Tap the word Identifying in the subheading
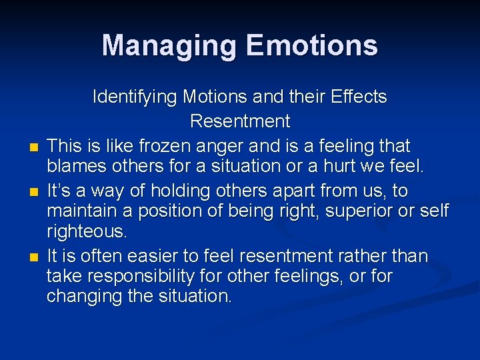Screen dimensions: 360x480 (136, 97)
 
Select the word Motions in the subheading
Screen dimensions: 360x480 (217, 97)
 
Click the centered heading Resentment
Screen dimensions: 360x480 (240, 121)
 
